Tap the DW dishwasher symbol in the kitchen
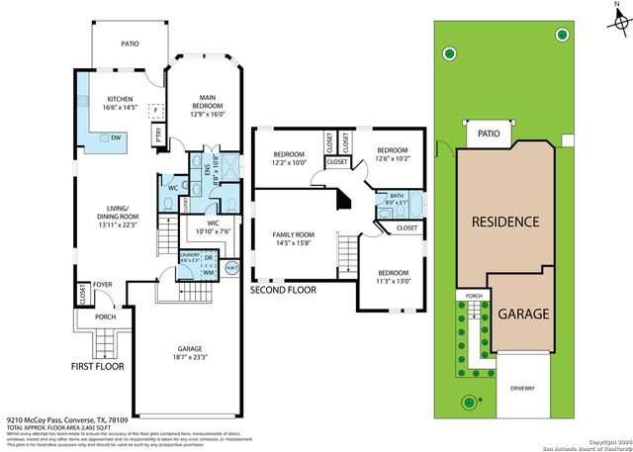pos(116,138)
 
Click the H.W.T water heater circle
pos(232,268)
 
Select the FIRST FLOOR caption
pos(97,366)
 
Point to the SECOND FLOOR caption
pos(282,291)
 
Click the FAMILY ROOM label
pos(297,236)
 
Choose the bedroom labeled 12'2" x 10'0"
pos(289,158)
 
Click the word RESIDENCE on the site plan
pos(504,222)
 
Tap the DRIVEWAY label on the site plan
pos(521,388)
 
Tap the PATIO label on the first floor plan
pos(130,45)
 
